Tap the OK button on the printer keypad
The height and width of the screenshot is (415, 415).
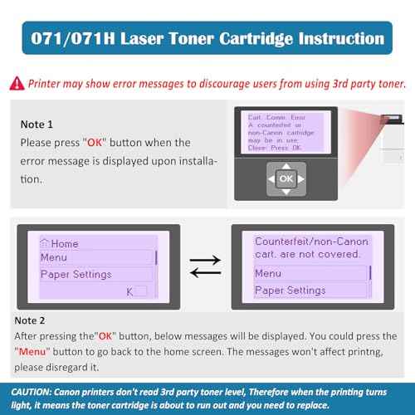coord(286,178)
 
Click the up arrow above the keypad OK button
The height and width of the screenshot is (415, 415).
coord(286,166)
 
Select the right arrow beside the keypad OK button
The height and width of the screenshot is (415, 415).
coord(300,178)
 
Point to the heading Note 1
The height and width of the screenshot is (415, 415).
coord(38,124)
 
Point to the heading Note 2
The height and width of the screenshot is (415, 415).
coord(38,319)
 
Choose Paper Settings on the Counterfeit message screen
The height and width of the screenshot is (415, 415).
coord(290,290)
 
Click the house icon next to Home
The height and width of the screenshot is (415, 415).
coord(44,243)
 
